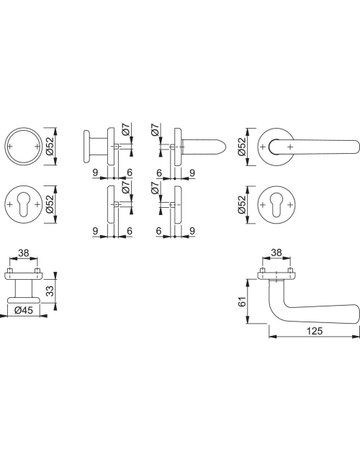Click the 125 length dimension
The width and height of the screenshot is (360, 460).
coord(315,331)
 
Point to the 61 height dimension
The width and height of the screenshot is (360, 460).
coord(243,301)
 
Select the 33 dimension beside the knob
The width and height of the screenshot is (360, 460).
coord(50,290)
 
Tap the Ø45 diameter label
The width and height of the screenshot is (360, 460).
coord(24,310)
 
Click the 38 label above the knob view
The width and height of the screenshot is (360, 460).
coord(23,253)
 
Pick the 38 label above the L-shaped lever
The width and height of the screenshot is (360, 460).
coord(276,253)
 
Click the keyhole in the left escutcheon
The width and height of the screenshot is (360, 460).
coord(24,205)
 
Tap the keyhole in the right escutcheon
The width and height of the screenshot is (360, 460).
coord(277,205)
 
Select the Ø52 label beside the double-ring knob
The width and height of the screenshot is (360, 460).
coord(50,146)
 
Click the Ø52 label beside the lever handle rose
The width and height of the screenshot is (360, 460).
coord(242,147)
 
